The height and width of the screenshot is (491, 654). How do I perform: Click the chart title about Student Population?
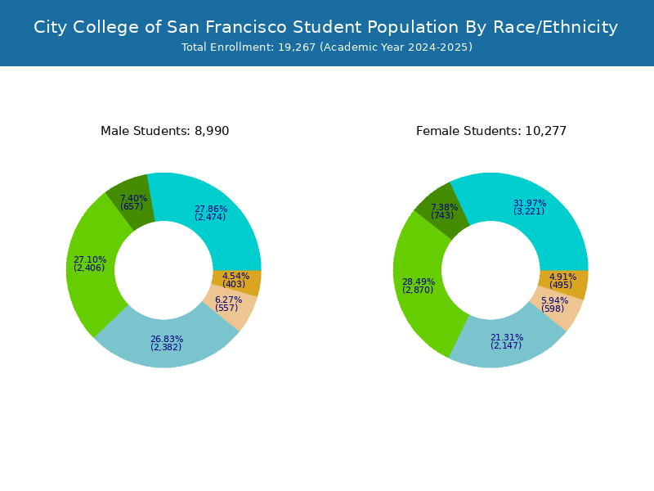(x=325, y=27)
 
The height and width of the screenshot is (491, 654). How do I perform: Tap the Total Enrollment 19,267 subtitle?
(x=327, y=47)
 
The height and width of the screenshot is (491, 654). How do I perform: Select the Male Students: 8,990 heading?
(x=165, y=131)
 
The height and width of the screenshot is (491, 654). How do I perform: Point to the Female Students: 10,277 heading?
(x=491, y=131)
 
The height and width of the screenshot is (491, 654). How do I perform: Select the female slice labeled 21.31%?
(x=507, y=342)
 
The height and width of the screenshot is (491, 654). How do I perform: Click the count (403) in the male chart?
(x=234, y=284)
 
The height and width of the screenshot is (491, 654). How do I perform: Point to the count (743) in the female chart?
(x=442, y=215)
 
